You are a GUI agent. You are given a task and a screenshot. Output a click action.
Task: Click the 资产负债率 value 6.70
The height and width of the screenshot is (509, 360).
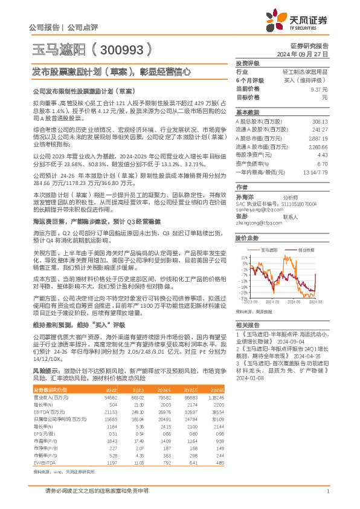pyautogui.click(x=322, y=164)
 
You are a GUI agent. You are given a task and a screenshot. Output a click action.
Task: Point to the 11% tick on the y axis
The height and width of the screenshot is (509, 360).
pyautogui.click(x=243, y=257)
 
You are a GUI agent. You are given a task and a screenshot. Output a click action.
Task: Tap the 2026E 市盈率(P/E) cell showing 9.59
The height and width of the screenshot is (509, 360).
pyautogui.click(x=219, y=425)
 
